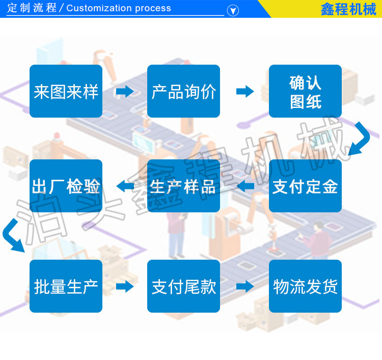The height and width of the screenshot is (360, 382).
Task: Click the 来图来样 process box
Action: [66, 91]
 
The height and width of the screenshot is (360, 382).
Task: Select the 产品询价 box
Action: [183, 91]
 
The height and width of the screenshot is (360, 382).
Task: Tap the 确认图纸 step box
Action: [305, 91]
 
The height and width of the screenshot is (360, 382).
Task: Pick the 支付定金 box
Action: [305, 186]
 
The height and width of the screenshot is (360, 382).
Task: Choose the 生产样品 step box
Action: [183, 186]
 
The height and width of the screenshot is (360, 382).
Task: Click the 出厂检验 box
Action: [66, 186]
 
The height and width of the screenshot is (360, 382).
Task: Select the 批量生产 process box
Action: [66, 286]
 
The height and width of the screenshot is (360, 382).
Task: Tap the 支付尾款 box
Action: [183, 286]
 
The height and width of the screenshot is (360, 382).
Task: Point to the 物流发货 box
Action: [305, 286]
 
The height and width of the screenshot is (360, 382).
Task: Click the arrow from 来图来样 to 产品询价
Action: [125, 91]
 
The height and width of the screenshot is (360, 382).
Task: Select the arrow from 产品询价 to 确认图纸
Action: [245, 91]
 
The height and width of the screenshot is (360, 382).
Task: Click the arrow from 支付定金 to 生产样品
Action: [245, 186]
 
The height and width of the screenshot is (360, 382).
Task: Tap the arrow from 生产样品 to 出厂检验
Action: [125, 186]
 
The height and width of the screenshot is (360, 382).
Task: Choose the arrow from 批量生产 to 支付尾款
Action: [125, 286]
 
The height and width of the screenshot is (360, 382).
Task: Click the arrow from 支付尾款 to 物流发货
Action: [245, 286]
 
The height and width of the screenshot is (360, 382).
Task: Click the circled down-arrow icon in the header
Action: [233, 11]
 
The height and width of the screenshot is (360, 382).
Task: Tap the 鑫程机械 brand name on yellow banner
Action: [348, 9]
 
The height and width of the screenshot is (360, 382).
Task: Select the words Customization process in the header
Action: [119, 8]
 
